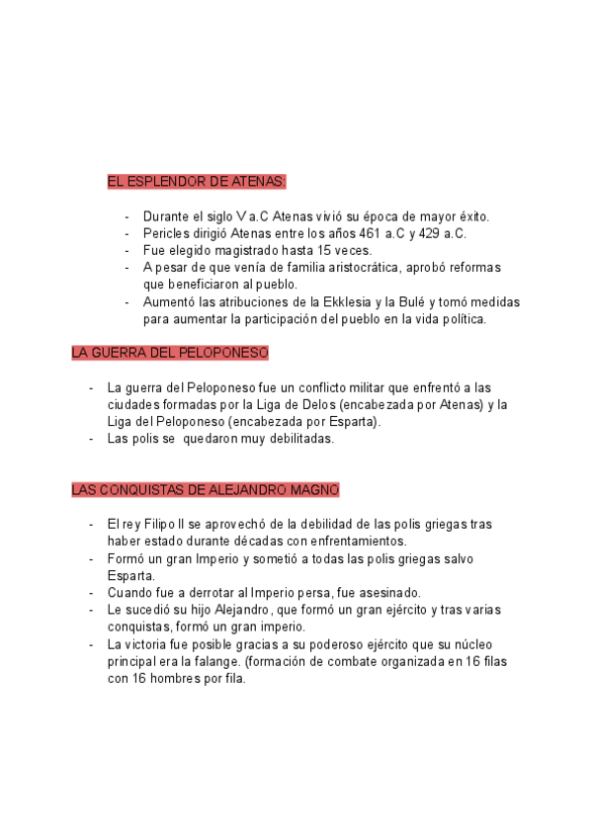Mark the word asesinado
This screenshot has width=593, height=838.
pyautogui.click(x=387, y=593)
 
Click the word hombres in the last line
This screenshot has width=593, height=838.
pyautogui.click(x=172, y=679)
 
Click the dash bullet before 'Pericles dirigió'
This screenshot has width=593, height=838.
pyautogui.click(x=127, y=233)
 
